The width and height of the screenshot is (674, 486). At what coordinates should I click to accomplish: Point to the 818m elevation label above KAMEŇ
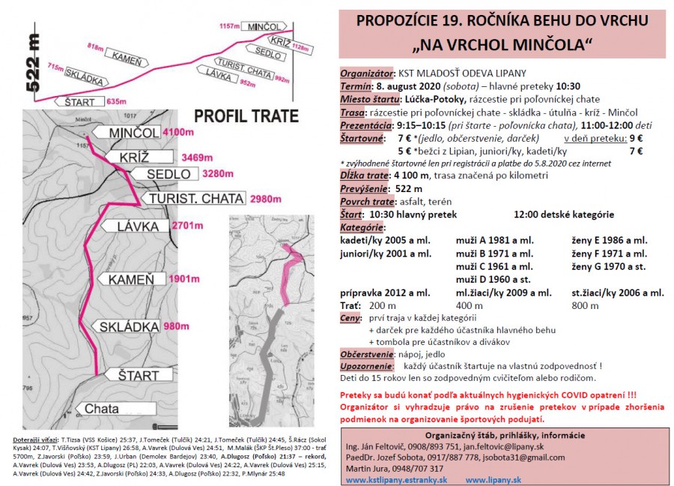95,46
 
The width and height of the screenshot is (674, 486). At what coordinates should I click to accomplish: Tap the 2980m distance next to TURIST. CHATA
266,199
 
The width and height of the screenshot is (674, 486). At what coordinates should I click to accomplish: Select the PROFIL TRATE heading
246,116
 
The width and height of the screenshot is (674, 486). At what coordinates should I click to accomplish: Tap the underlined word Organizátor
367,73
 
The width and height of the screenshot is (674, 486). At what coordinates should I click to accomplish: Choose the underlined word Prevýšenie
364,188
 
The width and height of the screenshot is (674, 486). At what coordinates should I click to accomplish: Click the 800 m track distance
584,305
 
